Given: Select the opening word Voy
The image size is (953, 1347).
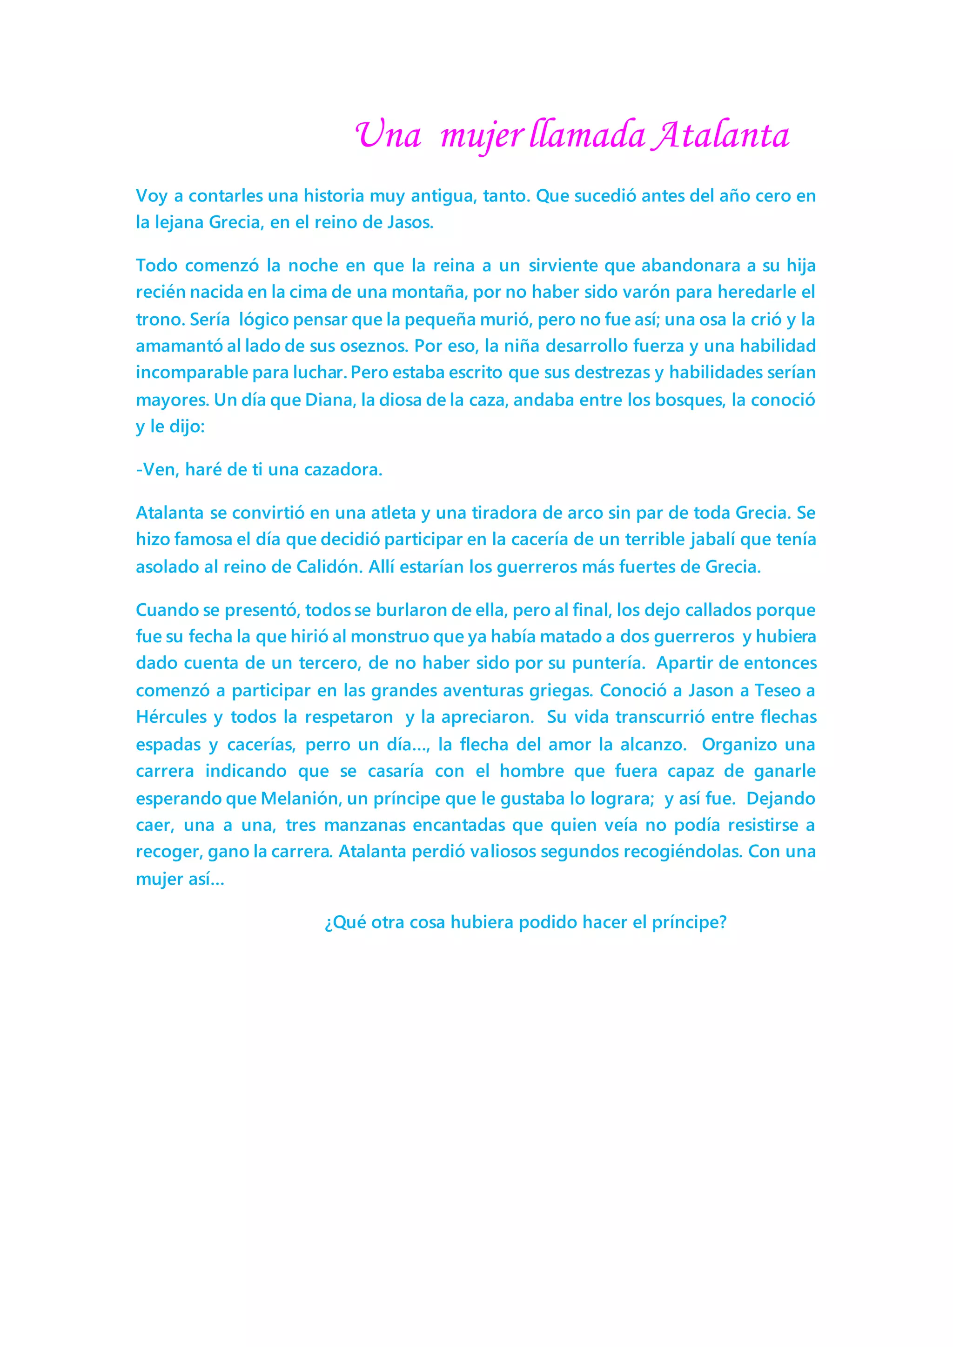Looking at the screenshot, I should pyautogui.click(x=151, y=196).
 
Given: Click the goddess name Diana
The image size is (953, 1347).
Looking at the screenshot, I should pyautogui.click(x=330, y=400).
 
